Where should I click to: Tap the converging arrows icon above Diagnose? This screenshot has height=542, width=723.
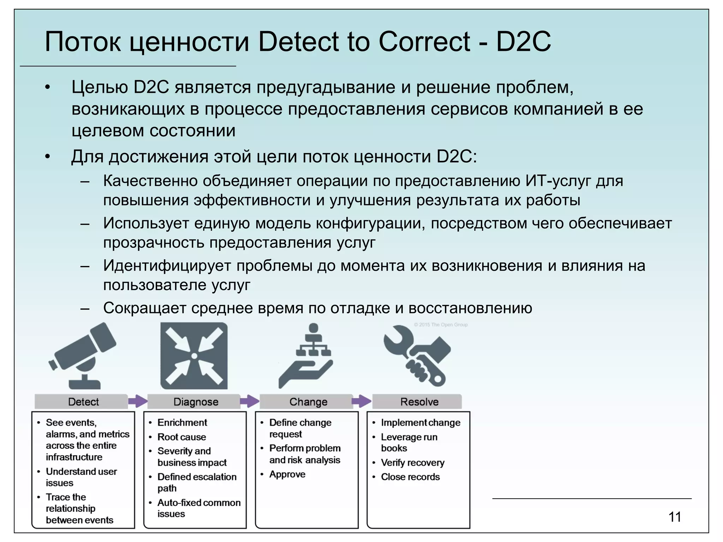(194, 356)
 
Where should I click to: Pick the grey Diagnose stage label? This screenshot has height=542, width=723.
(196, 402)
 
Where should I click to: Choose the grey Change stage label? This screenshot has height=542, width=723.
(308, 402)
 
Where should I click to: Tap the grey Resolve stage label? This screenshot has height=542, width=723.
(419, 402)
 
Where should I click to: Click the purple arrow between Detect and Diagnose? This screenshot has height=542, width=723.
(137, 401)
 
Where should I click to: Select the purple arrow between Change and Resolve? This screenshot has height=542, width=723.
(361, 401)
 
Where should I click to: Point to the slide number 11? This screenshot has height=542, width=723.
(675, 517)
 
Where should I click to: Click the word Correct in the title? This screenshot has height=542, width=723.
(424, 42)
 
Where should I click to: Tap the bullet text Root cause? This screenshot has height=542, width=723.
(181, 437)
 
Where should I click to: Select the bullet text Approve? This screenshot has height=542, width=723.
(287, 474)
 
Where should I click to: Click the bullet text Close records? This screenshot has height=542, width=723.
(410, 477)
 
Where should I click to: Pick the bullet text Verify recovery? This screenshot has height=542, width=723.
(412, 462)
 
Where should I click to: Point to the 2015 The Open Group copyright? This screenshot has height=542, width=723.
(441, 325)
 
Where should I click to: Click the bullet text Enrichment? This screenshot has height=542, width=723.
(182, 422)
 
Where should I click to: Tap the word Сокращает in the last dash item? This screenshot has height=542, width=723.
(144, 308)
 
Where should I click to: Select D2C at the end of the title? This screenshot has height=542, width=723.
(524, 42)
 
